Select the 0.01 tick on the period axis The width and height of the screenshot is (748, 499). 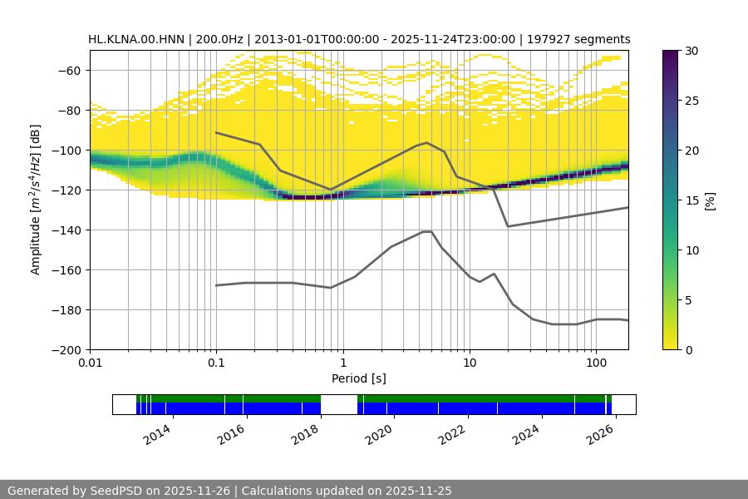coord(90,363)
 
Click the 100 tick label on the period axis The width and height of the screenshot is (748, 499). coord(595,363)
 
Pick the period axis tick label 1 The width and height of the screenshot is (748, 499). coord(342,363)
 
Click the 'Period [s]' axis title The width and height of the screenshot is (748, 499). coord(359,378)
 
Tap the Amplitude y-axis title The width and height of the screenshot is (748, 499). coord(36,200)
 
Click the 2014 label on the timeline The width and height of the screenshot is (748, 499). coord(157,434)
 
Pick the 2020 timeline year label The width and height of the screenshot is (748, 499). coord(378,434)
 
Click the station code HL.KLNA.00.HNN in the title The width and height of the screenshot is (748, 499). coord(138,39)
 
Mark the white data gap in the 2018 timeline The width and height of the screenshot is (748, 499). coord(339,404)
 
